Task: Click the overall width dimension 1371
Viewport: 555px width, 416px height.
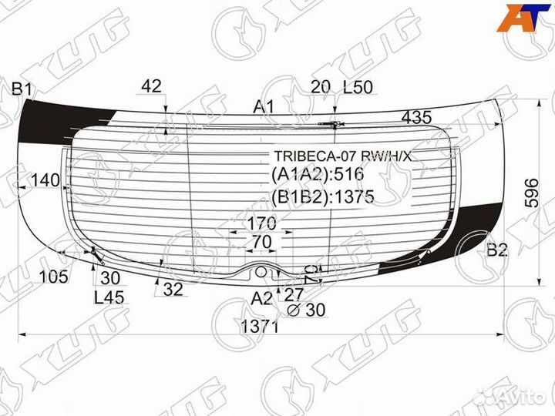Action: [x=259, y=327]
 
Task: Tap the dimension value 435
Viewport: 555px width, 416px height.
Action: [x=417, y=118]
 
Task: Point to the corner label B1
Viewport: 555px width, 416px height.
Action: [x=21, y=91]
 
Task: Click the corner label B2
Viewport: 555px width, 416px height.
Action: [x=498, y=250]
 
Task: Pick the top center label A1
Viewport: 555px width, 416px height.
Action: [x=265, y=107]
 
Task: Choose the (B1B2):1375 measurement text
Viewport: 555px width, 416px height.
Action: [x=322, y=197]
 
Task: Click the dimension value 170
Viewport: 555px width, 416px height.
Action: [x=261, y=225]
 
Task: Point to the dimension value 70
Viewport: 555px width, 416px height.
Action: [x=261, y=242]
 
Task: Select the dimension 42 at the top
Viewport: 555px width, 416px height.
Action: [x=152, y=86]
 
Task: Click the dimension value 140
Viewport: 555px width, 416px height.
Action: [x=45, y=180]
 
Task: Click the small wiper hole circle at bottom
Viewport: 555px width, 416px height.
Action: [x=262, y=271]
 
